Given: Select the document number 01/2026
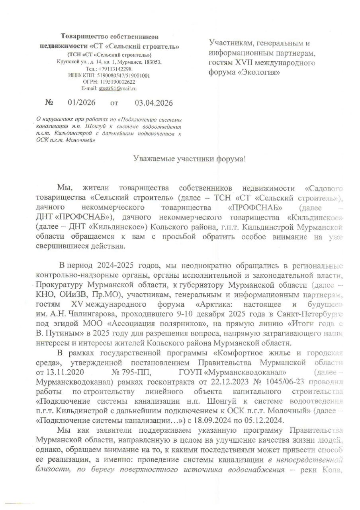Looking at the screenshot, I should pyautogui.click(x=82, y=103).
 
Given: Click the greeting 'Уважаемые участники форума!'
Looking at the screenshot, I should pyautogui.click(x=189, y=159).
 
